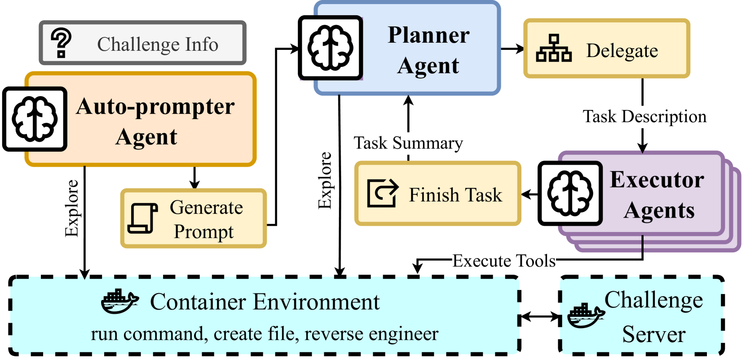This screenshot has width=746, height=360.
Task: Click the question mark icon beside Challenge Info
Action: (61, 43)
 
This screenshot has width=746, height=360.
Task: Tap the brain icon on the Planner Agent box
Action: (331, 48)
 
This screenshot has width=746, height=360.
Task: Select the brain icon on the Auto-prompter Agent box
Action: (35, 119)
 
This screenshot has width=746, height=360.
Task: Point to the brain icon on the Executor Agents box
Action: (571, 193)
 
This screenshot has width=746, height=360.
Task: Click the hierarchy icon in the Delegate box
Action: (554, 48)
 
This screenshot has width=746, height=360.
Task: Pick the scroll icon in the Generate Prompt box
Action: (142, 218)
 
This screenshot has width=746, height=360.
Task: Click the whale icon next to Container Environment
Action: (119, 301)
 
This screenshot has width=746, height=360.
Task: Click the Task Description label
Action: (644, 117)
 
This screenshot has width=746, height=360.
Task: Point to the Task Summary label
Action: (408, 143)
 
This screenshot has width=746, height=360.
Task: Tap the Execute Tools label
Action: (504, 261)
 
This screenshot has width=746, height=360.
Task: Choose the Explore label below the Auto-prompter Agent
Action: (72, 208)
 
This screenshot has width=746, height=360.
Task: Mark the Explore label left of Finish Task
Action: (325, 180)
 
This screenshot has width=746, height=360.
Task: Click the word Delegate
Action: (622, 51)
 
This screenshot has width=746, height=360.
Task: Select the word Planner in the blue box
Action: (428, 35)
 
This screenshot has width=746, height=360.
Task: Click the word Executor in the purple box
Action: (657, 180)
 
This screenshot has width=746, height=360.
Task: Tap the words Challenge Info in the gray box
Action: (158, 44)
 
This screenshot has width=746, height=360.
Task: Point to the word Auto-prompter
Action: (155, 107)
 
